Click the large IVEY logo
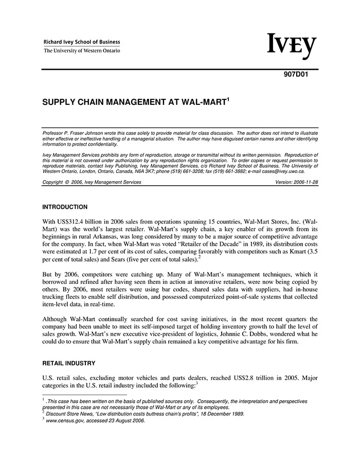click(x=292, y=47)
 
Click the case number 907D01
click(x=296, y=73)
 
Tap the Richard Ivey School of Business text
click(x=82, y=42)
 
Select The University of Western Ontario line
click(x=82, y=51)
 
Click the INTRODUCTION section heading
click(x=65, y=207)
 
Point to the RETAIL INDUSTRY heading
click(x=68, y=363)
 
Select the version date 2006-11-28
click(x=304, y=182)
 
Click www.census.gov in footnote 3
click(x=65, y=420)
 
